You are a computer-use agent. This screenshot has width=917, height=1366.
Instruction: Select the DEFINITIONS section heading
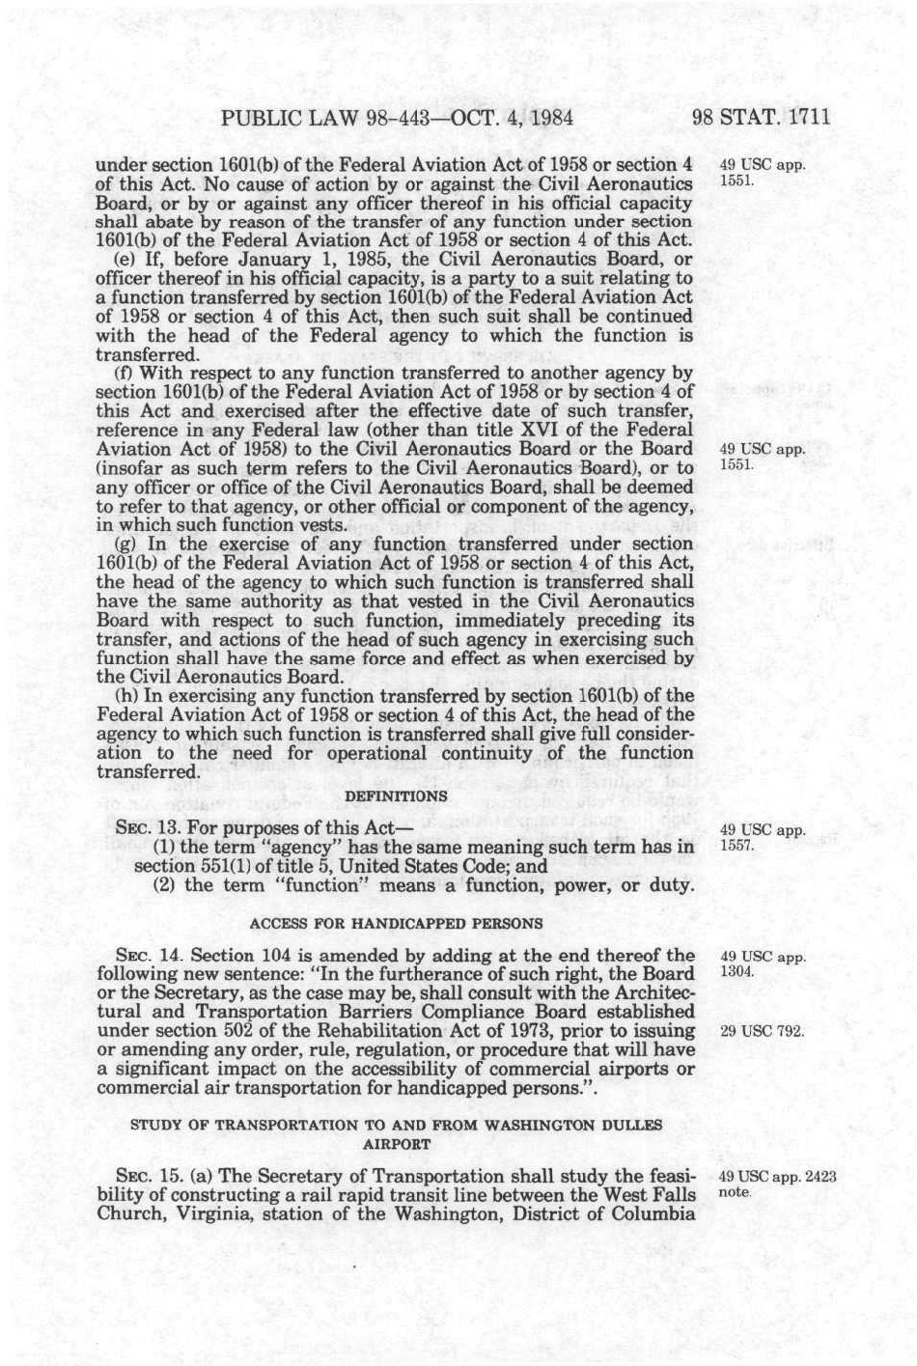396,795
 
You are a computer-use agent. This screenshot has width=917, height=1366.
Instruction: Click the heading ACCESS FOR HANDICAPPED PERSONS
396,923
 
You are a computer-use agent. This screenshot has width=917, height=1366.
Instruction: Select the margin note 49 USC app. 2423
778,1177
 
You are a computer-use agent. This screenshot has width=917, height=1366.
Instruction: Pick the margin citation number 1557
737,846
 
